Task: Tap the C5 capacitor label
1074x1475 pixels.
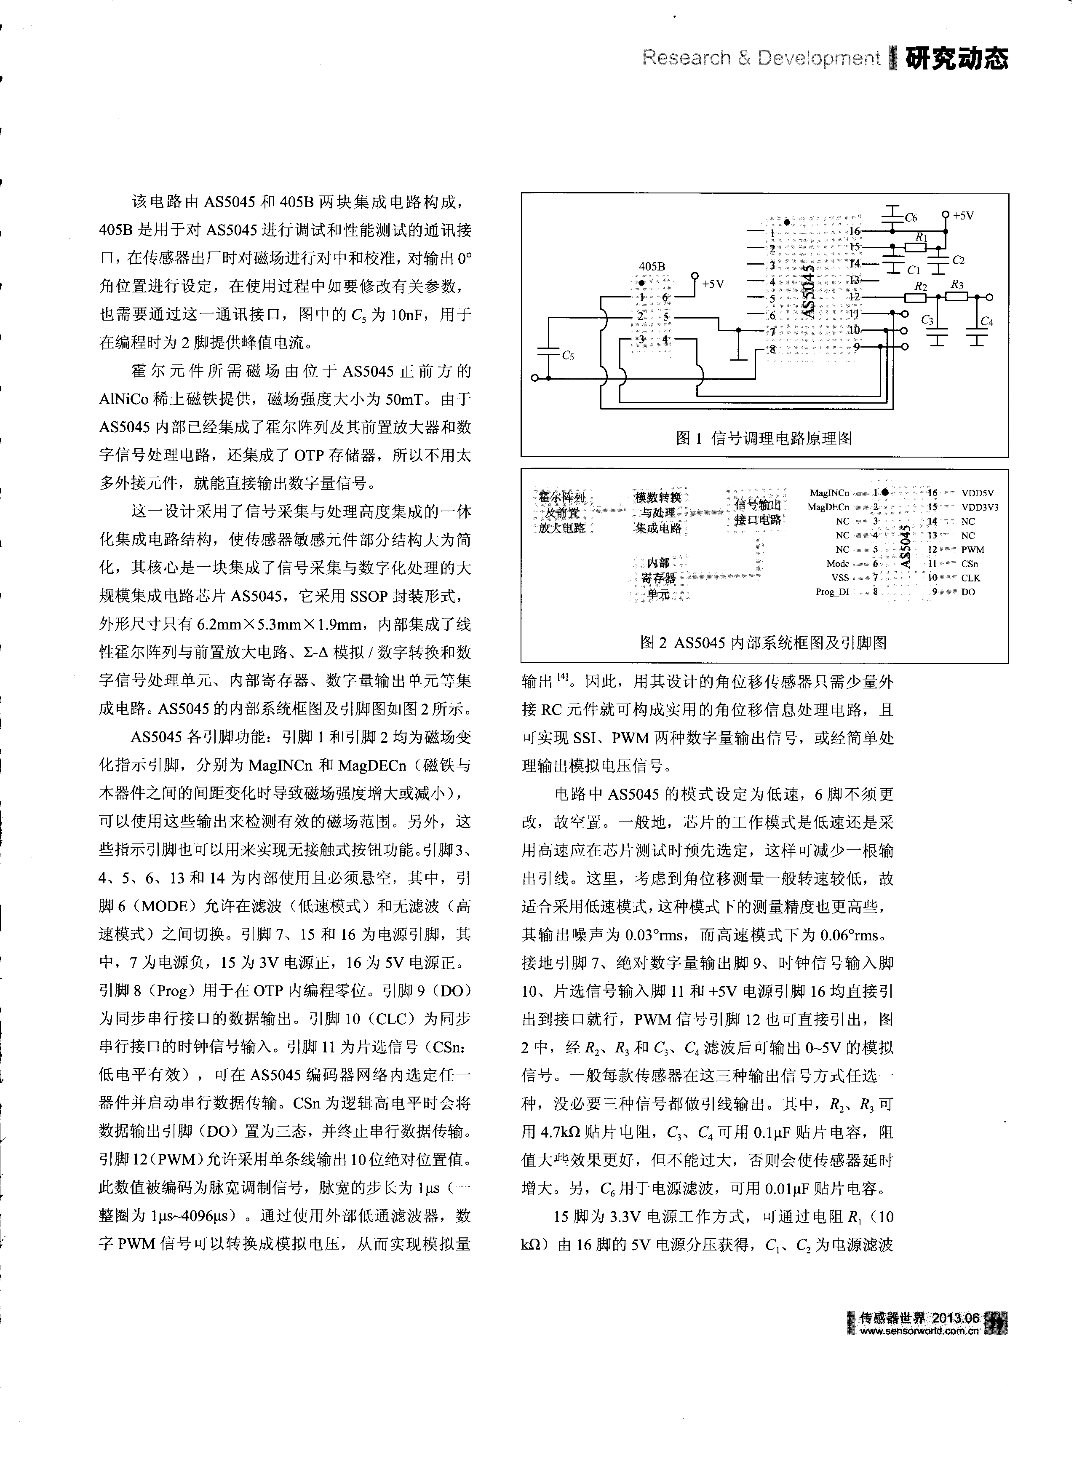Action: (568, 355)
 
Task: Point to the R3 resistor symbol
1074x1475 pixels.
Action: (956, 297)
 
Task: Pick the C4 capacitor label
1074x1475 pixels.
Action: (986, 321)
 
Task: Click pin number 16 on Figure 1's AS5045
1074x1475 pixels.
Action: (854, 231)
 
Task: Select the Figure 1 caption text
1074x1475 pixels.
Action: (764, 438)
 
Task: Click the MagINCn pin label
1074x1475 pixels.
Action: (830, 493)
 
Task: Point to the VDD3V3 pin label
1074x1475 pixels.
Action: (980, 507)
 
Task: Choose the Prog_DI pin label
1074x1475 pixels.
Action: (832, 592)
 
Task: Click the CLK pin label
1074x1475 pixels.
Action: (971, 578)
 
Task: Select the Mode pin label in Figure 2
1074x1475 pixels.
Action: (838, 564)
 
